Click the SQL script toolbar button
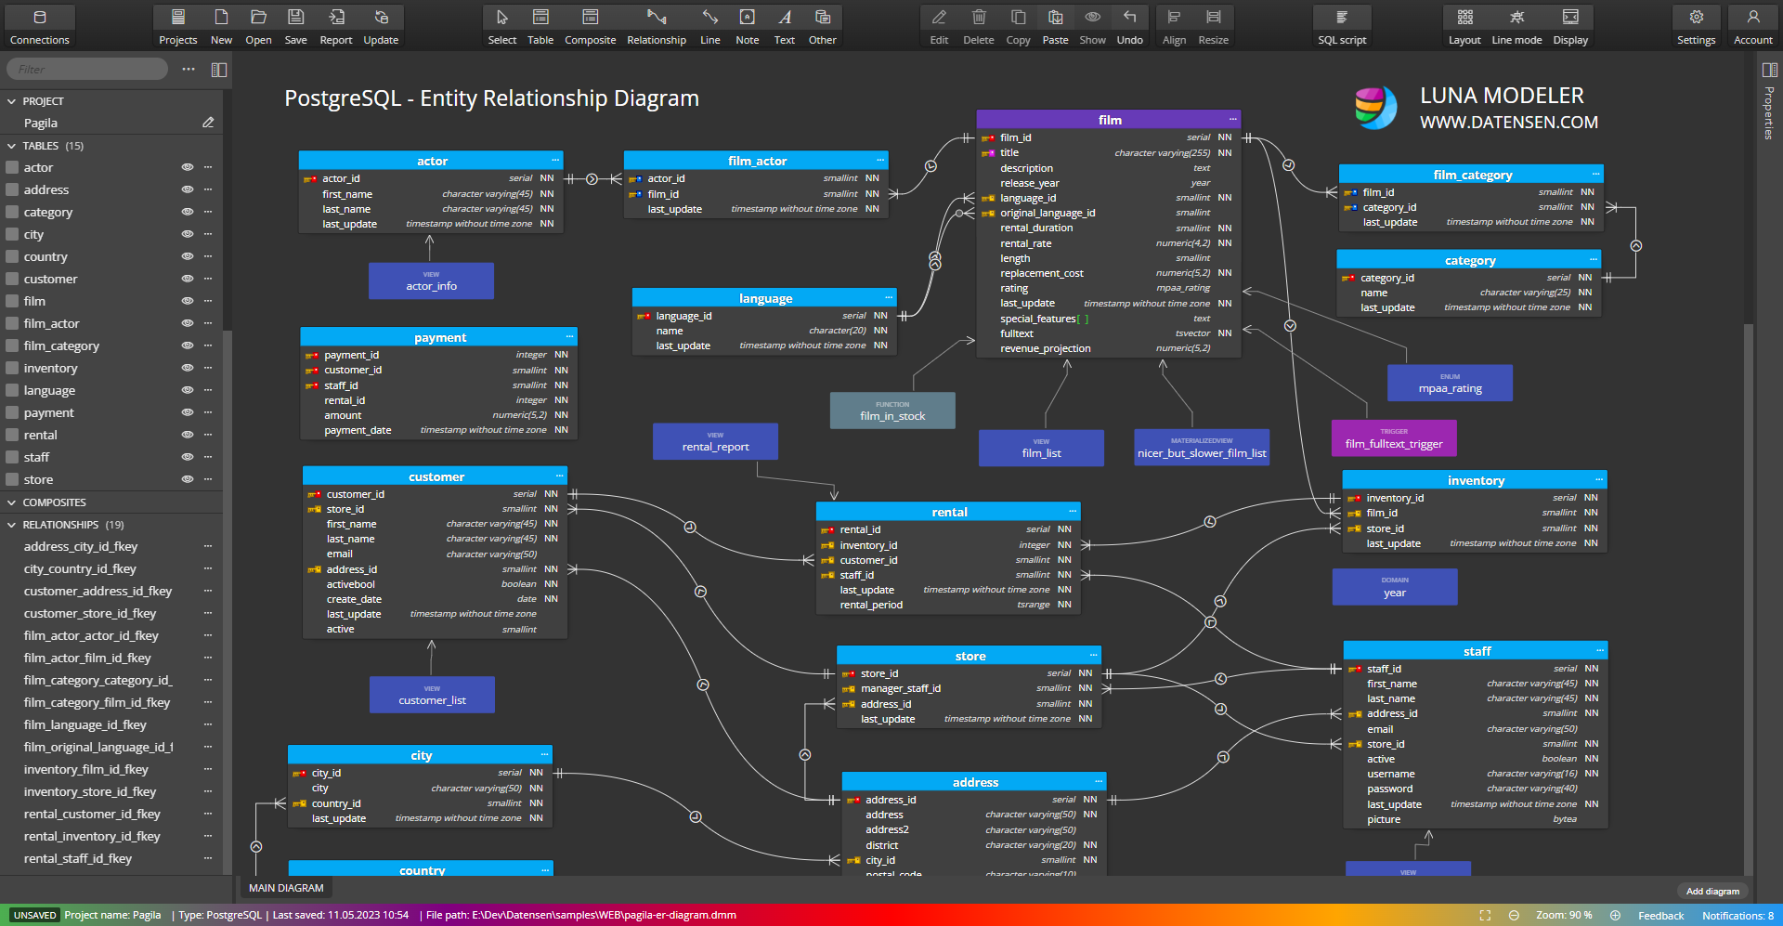[x=1342, y=26]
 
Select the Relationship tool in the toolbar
[x=657, y=26]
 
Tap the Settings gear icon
[x=1696, y=26]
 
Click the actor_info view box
[x=431, y=280]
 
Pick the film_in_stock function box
[x=892, y=411]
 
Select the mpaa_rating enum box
[x=1450, y=383]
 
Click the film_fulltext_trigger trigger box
[x=1394, y=438]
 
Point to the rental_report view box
[x=715, y=441]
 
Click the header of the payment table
[x=439, y=337]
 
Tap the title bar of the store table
[x=970, y=656]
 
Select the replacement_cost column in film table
[x=1042, y=273]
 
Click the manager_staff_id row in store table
[x=901, y=688]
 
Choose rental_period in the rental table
[x=871, y=605]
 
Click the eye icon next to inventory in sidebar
[x=188, y=368]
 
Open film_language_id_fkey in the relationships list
[x=85, y=724]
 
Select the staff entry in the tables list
[x=37, y=457]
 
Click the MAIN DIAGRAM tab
[x=286, y=888]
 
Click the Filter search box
[x=88, y=69]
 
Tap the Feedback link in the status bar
[x=1660, y=916]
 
